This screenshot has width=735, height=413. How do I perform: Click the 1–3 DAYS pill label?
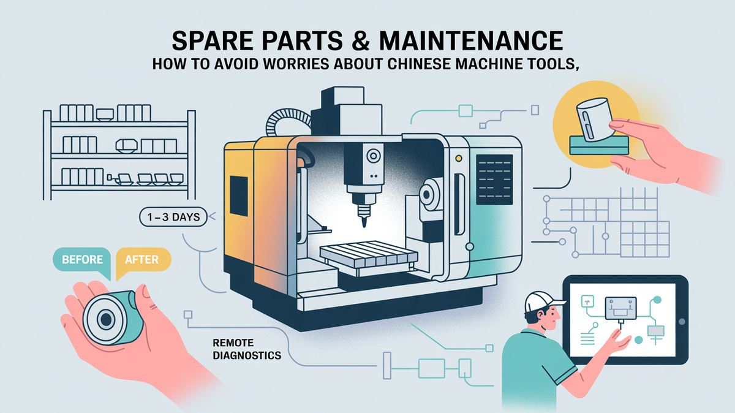coord(173,217)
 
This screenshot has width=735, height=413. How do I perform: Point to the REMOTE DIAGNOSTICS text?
coord(247,349)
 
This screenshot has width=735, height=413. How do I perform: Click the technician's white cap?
coord(543,301)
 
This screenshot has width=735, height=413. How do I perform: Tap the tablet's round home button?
coord(682,322)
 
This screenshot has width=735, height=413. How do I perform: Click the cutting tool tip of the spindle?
coord(364,223)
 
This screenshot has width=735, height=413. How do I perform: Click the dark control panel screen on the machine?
coord(494,180)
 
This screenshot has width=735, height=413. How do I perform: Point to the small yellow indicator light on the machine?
coord(459,159)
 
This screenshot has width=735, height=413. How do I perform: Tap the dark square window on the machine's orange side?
coord(238,196)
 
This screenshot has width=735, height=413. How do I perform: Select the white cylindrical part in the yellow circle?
coord(595,119)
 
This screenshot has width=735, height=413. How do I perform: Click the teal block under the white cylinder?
coord(599,145)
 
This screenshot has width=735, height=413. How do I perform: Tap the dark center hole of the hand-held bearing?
coord(106,319)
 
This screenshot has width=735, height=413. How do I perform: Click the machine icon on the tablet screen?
coord(620,309)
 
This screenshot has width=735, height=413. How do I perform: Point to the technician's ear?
coord(540,317)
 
